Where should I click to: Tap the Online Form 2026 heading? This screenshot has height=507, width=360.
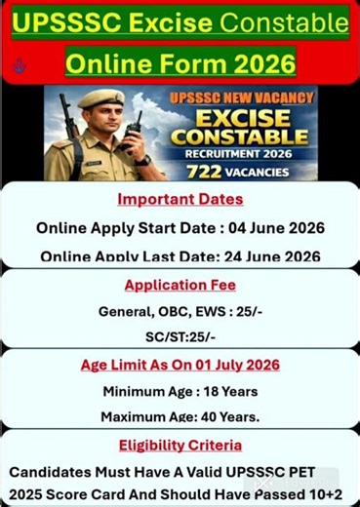point(180,63)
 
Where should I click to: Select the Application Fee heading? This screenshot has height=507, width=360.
point(180,285)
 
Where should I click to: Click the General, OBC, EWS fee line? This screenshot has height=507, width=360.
point(180,312)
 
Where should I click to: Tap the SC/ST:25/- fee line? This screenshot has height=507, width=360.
point(180,337)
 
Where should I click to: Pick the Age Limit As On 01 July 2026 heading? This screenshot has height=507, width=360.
point(180,365)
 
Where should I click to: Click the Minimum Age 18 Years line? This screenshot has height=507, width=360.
point(180,391)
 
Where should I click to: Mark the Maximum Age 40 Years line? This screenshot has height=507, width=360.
point(180,417)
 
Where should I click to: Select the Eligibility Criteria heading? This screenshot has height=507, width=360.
point(180,445)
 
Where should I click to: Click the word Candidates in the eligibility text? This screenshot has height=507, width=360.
point(54,471)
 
